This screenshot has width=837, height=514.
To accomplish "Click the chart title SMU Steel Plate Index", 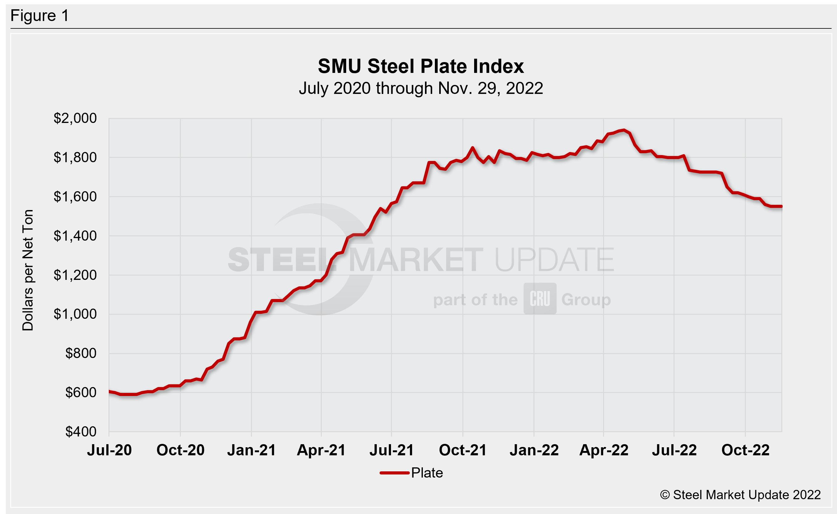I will point(421,66).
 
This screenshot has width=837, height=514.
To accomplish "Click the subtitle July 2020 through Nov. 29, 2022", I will point(421,88).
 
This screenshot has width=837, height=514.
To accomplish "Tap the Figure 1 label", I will point(40,16).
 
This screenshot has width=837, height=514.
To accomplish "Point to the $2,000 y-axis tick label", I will point(75,118).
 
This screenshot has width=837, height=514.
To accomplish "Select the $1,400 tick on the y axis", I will point(75,236).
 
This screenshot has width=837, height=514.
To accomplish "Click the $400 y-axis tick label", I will point(81,432).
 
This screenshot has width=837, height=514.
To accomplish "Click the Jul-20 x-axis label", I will point(109,450).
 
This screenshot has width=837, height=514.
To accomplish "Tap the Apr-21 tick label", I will point(321,450).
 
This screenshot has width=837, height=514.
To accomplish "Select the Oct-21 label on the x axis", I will point(462,450).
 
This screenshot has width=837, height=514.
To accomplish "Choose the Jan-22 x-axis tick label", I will point(534,450).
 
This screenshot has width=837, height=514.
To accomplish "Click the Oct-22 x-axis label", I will point(745,450).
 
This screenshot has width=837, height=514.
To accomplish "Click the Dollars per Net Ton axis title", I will point(28,270).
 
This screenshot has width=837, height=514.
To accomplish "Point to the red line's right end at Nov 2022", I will point(781,206).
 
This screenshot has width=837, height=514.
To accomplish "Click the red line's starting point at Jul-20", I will point(109,392).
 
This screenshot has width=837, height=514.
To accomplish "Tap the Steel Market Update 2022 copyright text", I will point(740,495).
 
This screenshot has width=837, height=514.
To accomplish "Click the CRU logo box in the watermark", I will point(540,299).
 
